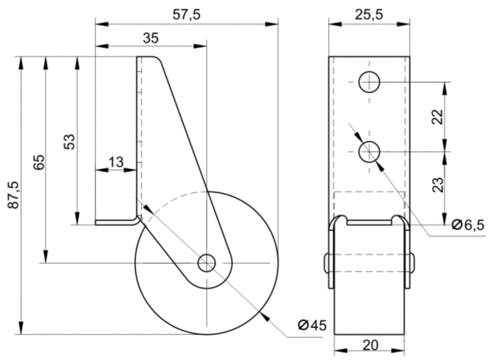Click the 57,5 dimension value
coord(186,15)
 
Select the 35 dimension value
coord(151,38)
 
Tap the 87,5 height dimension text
coord(14,195)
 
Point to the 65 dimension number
coord(39,162)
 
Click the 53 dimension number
coord(70,142)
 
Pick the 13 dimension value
coord(116,162)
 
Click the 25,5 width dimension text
coord(369,15)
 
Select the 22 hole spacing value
coord(438,117)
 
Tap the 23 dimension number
coord(438,185)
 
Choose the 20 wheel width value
coord(370,345)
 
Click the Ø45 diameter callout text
coord(312,325)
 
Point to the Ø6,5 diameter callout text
coord(468,225)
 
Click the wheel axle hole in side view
coord(207,263)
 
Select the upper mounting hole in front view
coord(369,82)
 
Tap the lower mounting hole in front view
coord(369,152)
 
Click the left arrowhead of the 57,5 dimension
coord(102,24)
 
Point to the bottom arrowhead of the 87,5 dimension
coord(21,328)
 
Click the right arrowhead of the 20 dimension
coord(398,350)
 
